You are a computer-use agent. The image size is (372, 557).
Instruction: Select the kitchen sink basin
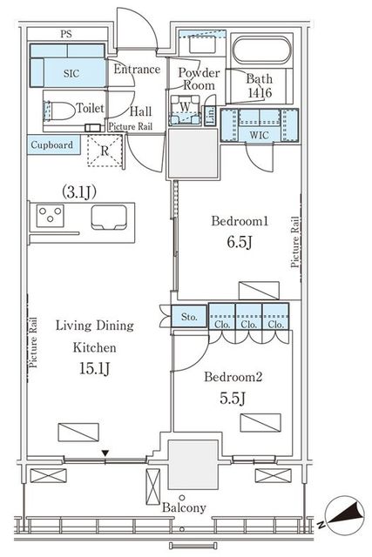[x=109, y=217]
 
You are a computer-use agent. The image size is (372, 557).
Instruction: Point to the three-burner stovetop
[x=51, y=216]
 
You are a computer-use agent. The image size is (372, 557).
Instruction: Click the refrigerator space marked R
[x=105, y=151]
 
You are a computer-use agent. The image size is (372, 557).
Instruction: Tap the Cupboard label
[x=52, y=145]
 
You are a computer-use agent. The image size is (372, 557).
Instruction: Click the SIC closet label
[x=71, y=73]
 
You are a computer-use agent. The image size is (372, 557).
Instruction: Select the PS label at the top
[x=66, y=34]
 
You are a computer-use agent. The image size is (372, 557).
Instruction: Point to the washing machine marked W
[x=185, y=109]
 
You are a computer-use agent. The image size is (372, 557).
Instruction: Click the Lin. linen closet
[x=211, y=116]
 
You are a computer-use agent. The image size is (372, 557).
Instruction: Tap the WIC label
[x=260, y=135]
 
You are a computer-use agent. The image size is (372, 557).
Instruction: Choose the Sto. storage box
[x=189, y=316]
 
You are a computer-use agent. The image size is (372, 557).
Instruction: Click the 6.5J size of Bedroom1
[x=240, y=242]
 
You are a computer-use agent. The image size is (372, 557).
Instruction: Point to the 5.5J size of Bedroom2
[x=233, y=399]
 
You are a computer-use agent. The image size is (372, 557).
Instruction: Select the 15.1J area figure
[x=94, y=369]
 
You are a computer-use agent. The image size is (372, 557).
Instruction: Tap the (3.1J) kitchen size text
[x=79, y=192]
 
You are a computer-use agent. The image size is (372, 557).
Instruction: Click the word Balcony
[x=184, y=508]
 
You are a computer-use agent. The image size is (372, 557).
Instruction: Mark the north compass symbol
[x=343, y=515]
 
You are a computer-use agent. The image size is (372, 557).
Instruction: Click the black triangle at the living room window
[x=105, y=453]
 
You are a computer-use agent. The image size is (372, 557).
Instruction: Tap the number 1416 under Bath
[x=260, y=93]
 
